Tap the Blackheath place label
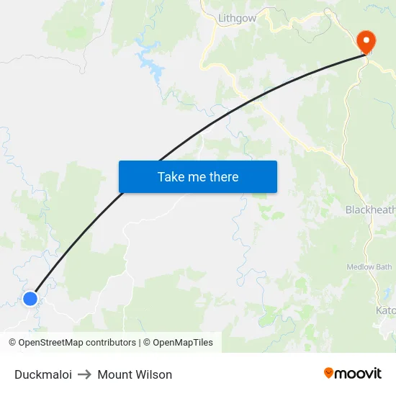click(370, 210)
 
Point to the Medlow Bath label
click(370, 267)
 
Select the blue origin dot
click(30, 298)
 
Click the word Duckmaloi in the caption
click(43, 374)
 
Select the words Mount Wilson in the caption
click(135, 374)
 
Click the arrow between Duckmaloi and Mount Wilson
click(85, 374)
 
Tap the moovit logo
click(353, 373)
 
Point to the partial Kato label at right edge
click(385, 310)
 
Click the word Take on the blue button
click(171, 177)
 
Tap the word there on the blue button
click(223, 177)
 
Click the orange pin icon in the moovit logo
click(329, 373)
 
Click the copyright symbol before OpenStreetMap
click(12, 343)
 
